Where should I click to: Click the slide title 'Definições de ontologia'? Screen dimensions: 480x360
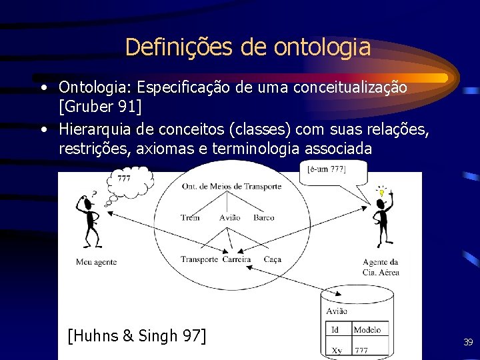coord(247,47)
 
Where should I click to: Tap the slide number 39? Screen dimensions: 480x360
coord(468,342)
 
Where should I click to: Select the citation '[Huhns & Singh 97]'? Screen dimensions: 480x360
coord(137,335)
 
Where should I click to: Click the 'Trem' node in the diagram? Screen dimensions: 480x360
coord(190,218)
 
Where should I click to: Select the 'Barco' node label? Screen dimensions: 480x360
coord(263,218)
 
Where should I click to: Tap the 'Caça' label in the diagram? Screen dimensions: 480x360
coord(272,259)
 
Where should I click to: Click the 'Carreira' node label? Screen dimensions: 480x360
coord(237,259)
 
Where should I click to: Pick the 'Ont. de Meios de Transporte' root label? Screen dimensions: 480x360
coord(231,186)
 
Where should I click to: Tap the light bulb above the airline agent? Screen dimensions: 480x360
coord(382,193)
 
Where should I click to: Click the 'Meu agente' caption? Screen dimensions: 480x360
coord(96,262)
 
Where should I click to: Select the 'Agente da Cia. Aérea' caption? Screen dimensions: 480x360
coord(381,267)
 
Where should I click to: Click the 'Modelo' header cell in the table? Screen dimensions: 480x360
coord(368,329)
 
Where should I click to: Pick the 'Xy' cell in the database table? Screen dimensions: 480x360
coord(336,350)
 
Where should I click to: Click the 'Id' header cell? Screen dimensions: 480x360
coord(335,329)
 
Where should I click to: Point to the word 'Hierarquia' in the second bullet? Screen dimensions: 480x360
coord(94,129)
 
